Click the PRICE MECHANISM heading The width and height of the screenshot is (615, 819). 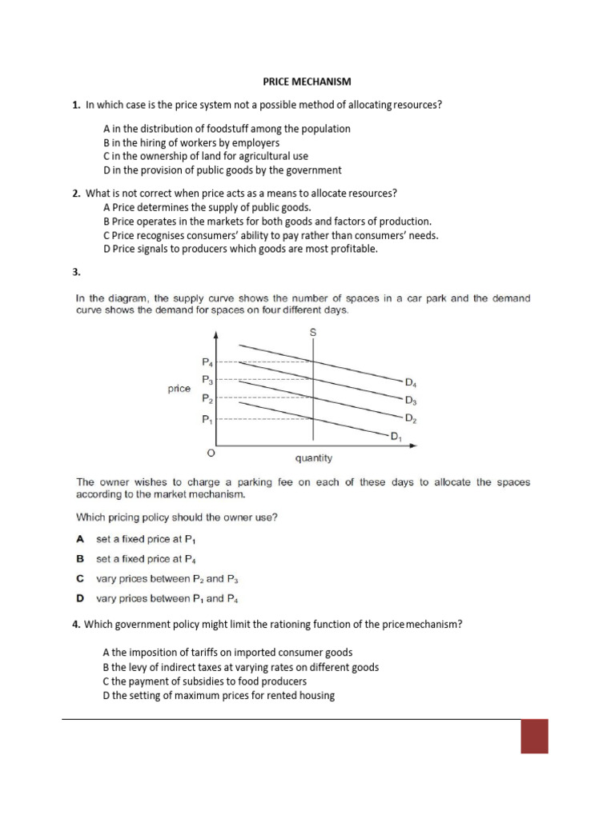click(x=307, y=82)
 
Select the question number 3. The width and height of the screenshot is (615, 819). click(x=76, y=272)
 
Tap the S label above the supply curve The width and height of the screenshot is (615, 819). click(x=312, y=331)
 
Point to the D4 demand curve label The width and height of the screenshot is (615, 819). click(x=411, y=382)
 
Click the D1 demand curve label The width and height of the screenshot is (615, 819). click(x=395, y=437)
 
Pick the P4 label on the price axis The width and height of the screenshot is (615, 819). click(x=207, y=362)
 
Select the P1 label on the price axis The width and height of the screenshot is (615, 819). click(x=207, y=418)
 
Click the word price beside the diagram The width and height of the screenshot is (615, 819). click(x=179, y=389)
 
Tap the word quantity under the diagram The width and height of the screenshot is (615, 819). click(x=313, y=458)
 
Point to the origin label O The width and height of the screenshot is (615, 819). click(x=211, y=453)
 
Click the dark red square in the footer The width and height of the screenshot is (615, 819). click(x=534, y=736)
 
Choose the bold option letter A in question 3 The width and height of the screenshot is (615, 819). click(x=80, y=539)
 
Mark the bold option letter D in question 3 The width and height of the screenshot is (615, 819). click(x=80, y=597)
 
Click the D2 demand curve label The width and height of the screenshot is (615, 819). click(x=411, y=418)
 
